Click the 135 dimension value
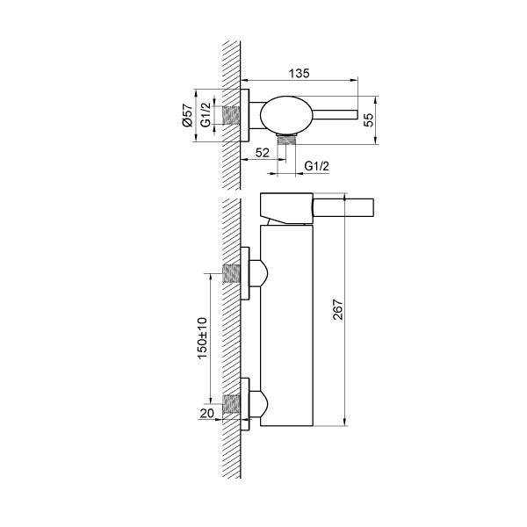click(300, 73)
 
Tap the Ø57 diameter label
click(187, 115)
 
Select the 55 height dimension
click(369, 119)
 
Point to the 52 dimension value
click(262, 153)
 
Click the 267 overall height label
click(338, 309)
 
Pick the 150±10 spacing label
click(203, 338)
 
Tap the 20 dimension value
click(206, 413)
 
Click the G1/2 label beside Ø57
click(206, 114)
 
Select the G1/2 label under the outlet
click(316, 166)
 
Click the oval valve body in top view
click(286, 114)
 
